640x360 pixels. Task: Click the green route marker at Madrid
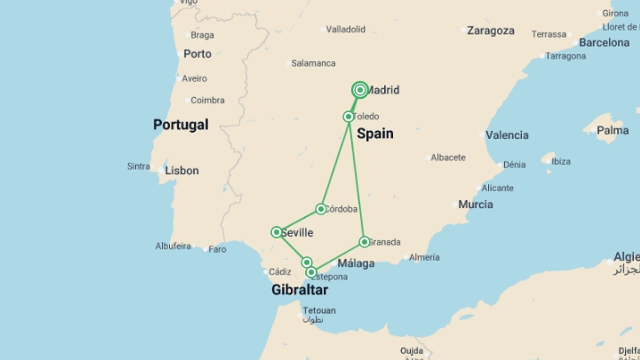click(x=360, y=90)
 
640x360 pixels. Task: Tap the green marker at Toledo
click(x=348, y=117)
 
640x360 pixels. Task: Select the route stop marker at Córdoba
click(x=321, y=209)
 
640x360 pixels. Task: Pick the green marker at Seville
click(x=276, y=232)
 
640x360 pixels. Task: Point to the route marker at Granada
click(x=364, y=242)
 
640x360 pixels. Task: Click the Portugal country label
click(x=181, y=125)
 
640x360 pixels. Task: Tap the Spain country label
click(x=375, y=133)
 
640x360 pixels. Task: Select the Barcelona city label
click(x=604, y=43)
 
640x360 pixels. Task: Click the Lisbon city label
click(x=182, y=171)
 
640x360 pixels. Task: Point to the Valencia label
click(x=507, y=135)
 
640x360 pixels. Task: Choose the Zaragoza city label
click(x=490, y=31)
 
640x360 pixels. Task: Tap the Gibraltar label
click(x=300, y=290)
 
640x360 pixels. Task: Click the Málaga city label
click(x=356, y=263)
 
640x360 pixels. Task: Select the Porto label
click(x=197, y=54)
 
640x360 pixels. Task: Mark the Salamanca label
click(x=313, y=63)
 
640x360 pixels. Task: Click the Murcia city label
click(x=475, y=204)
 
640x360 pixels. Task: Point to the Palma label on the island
click(x=612, y=130)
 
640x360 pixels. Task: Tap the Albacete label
click(x=448, y=157)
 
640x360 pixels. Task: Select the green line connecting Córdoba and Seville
click(x=299, y=220)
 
